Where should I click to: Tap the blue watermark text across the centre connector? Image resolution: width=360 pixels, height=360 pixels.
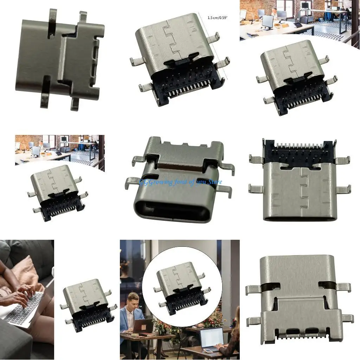pyautogui.click(x=180, y=182)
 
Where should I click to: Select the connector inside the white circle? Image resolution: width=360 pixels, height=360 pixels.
pyautogui.click(x=180, y=288)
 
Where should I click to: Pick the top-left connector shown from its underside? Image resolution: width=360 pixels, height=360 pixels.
pyautogui.click(x=60, y=58)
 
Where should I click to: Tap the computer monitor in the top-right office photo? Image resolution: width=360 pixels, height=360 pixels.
pyautogui.click(x=268, y=21)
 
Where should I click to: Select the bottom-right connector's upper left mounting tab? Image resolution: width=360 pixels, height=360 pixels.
pyautogui.click(x=253, y=289)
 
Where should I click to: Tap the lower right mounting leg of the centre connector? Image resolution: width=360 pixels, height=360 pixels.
pyautogui.click(x=224, y=190)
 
